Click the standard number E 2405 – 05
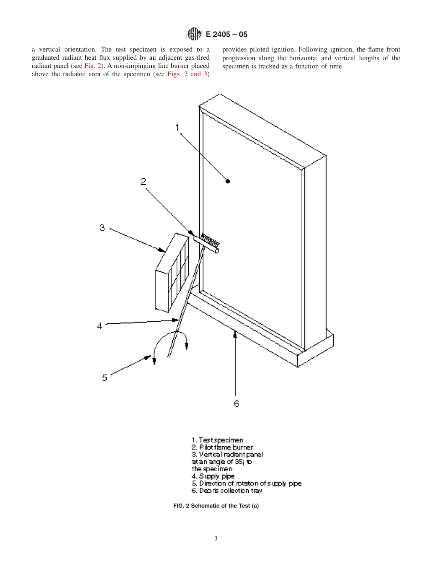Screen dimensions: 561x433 pyautogui.click(x=227, y=35)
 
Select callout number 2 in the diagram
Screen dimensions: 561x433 pyautogui.click(x=143, y=182)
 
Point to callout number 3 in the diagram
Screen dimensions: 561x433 pyautogui.click(x=103, y=227)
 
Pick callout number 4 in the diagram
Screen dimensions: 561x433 pyautogui.click(x=99, y=326)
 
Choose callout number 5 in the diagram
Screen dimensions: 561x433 pyautogui.click(x=104, y=378)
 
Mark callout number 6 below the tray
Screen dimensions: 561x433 pyautogui.click(x=236, y=404)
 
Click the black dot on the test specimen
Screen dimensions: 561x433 pyautogui.click(x=228, y=182)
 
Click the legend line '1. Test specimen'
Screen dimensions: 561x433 pyautogui.click(x=217, y=440)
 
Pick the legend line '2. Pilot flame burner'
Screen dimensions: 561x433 pyautogui.click(x=222, y=447)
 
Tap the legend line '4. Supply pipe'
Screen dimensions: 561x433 pyautogui.click(x=213, y=476)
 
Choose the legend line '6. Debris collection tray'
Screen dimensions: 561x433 pyautogui.click(x=227, y=491)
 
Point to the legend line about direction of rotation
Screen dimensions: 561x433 pyautogui.click(x=246, y=483)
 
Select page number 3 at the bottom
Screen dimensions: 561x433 pyautogui.click(x=216, y=539)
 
